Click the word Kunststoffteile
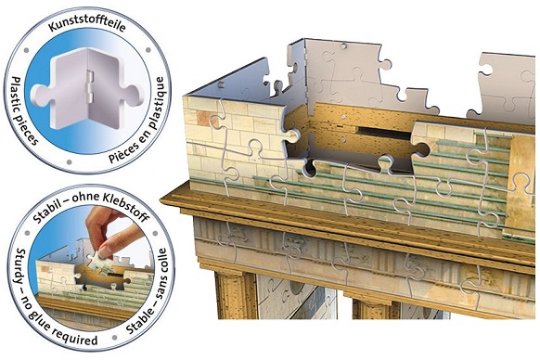(x=86, y=27)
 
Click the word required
(x=76, y=339)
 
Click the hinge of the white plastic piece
(x=90, y=85)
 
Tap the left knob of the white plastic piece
(x=39, y=95)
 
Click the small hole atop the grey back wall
(x=343, y=45)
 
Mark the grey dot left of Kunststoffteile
(x=27, y=50)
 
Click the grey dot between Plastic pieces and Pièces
(x=70, y=162)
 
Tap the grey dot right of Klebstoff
(x=155, y=234)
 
